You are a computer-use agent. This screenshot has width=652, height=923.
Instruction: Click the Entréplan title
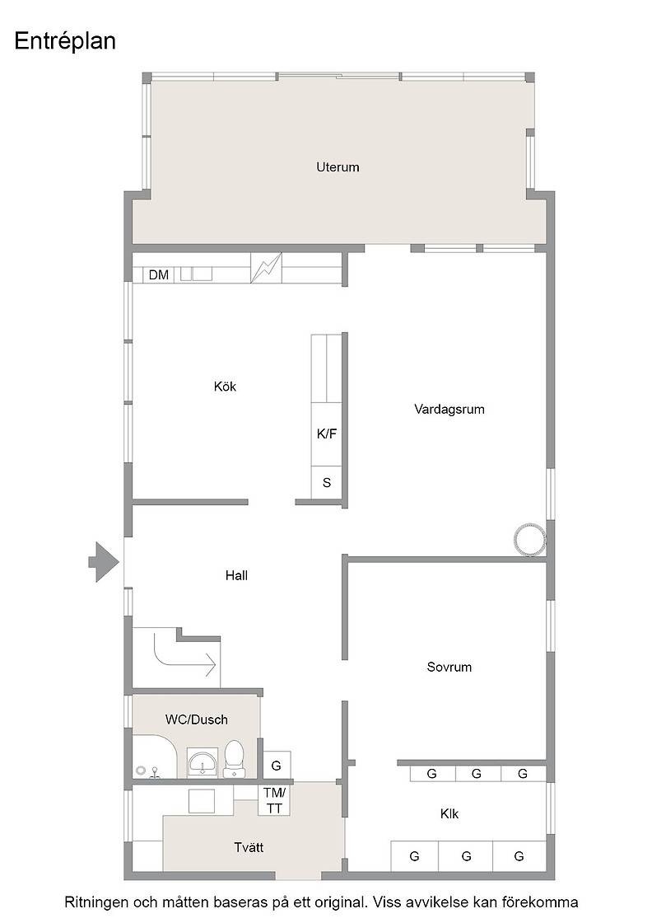(65, 42)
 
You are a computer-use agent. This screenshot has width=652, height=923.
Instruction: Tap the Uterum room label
(338, 167)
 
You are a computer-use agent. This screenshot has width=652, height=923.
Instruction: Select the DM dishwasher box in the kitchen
(159, 275)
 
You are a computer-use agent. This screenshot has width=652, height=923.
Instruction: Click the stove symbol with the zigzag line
(267, 268)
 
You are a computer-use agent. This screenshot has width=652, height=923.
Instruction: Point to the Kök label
(226, 387)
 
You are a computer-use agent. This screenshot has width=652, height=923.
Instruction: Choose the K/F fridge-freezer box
(326, 433)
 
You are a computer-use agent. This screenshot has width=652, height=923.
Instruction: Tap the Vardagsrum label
(449, 409)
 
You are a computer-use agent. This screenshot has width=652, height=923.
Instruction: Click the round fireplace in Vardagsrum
(530, 539)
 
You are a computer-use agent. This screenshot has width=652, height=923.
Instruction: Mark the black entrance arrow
(104, 562)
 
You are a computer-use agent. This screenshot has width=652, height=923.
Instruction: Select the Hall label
(236, 576)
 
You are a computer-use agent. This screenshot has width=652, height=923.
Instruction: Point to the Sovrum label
(449, 667)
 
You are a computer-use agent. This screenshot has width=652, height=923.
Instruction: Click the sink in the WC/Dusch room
(203, 763)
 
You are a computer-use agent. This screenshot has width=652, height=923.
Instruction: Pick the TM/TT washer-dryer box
(274, 801)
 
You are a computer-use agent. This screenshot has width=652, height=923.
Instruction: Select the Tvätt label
(249, 848)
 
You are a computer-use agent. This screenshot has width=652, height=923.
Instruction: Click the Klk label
(449, 814)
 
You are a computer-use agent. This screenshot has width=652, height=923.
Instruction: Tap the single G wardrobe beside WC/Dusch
(277, 766)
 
